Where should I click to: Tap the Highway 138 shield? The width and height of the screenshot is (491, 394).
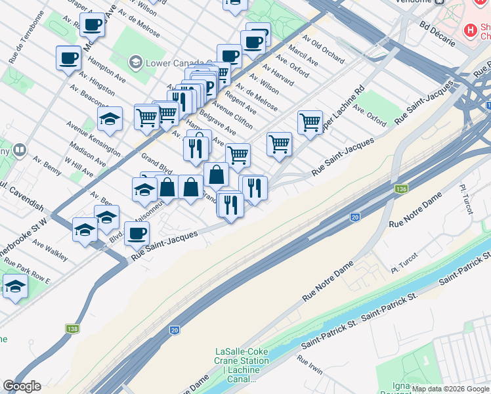tap(72, 328)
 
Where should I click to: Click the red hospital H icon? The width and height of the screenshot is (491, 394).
tap(470, 30)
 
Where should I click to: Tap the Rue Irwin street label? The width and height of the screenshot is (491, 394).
tap(310, 365)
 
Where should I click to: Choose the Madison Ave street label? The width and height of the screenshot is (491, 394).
tap(86, 155)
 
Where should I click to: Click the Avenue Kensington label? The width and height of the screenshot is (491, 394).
tap(93, 138)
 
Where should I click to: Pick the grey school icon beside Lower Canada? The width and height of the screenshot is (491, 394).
tap(136, 62)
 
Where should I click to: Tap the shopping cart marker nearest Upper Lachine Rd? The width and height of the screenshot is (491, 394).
tap(310, 121)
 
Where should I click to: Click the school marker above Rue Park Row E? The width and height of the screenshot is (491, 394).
tap(15, 287)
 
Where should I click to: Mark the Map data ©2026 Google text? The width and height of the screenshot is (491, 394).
tap(450, 389)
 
